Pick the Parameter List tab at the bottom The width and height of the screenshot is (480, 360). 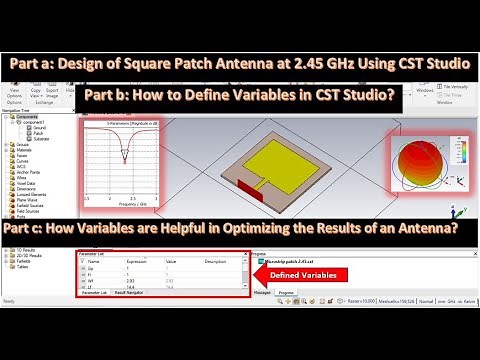pos(95,292)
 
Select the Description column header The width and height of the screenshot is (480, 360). pos(215,262)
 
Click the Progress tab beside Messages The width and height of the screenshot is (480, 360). pos(285,292)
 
